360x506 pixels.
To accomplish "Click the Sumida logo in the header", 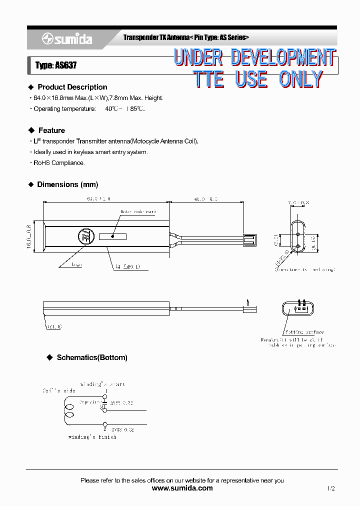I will pos(67,38).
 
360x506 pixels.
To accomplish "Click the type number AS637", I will pos(56,65).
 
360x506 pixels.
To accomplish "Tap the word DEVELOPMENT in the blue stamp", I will pos(283,57).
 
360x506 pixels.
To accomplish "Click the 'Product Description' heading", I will pos(72,87).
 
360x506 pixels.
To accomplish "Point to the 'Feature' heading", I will pos(51,130).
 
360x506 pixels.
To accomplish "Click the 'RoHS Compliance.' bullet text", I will pos(59,163).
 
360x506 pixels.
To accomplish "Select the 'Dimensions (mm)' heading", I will pos(67,184).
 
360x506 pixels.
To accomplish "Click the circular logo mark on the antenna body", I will pos(84,235).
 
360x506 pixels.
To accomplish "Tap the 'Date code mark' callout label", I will pos(138,211).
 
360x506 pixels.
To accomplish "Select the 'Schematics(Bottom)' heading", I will pos(92,357).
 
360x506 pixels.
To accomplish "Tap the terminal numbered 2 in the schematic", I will pos(104,428).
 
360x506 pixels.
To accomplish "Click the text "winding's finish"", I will pos(92,437).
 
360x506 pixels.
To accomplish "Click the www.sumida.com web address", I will pos(181,488).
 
